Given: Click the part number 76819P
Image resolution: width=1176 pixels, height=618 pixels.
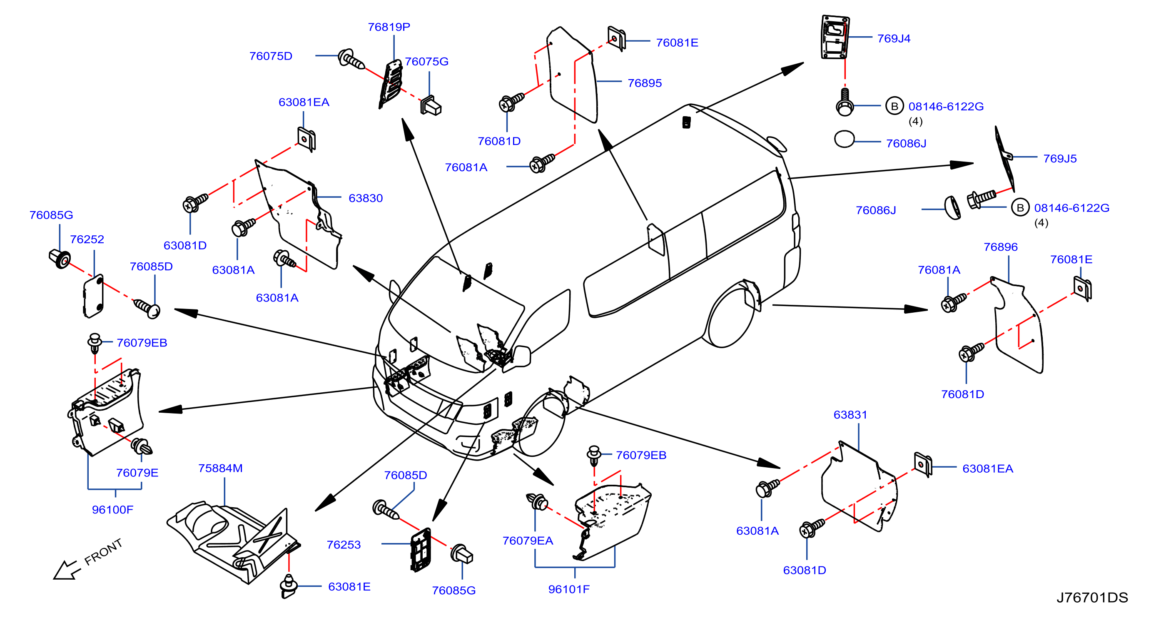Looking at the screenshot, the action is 389,27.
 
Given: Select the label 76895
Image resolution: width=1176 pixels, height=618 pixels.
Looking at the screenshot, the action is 645,83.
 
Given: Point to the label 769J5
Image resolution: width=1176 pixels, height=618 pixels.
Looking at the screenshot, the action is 1060,158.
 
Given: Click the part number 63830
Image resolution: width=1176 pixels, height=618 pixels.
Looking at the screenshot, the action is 366,198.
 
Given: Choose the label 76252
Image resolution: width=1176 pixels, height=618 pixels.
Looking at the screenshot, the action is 87,239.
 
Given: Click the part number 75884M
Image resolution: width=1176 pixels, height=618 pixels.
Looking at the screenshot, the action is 221,468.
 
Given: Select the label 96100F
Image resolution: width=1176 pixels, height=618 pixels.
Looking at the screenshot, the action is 113,509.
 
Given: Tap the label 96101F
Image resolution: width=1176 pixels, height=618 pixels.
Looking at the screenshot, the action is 569,589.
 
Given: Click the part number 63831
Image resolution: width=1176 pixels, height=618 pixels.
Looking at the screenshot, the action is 850,414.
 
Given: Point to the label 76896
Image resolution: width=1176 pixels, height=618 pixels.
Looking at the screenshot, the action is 1001,247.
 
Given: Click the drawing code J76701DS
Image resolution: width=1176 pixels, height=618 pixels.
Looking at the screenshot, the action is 1092,598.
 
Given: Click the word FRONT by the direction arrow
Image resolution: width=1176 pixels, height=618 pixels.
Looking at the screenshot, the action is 104,551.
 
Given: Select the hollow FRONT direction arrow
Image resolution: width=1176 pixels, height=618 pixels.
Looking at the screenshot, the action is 67,570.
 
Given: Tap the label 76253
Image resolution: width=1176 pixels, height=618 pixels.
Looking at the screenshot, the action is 344,545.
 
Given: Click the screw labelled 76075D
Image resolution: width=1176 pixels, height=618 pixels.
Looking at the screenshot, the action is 351,59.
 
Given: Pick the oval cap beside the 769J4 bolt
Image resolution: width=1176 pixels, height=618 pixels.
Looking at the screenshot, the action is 844,139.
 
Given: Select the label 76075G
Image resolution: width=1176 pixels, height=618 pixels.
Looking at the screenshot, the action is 427,62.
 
